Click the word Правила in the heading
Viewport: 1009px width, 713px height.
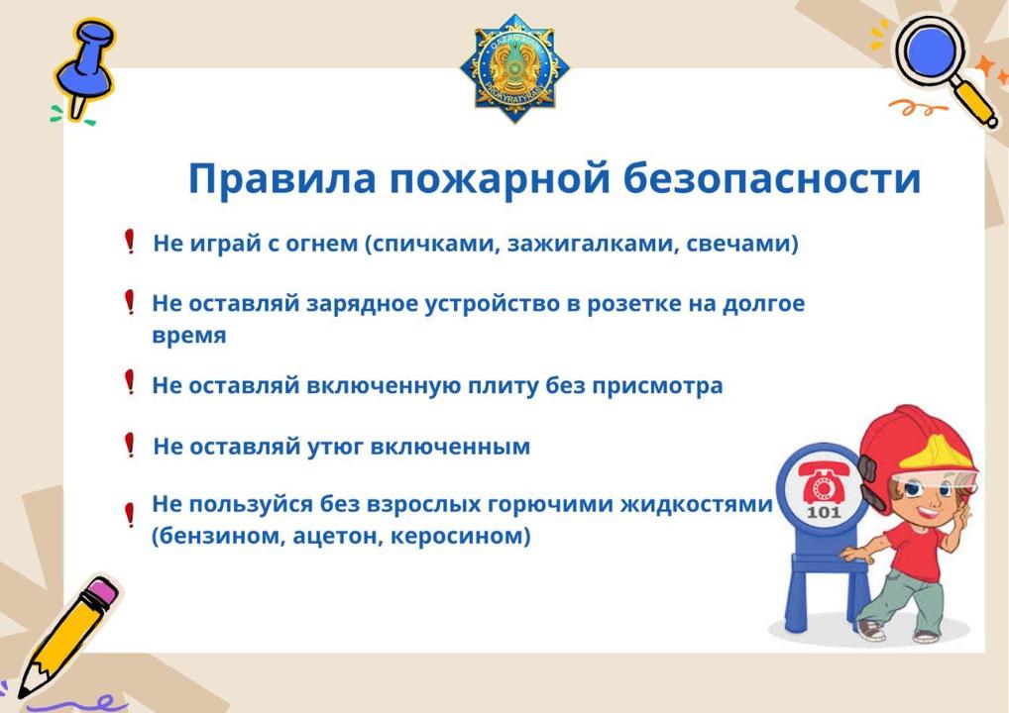281,178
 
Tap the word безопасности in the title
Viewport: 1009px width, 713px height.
771,177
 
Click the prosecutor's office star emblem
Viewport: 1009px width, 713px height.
514,68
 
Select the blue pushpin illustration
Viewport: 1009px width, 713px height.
83,68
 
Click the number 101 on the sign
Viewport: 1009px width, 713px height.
824,512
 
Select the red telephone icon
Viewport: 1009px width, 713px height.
823,483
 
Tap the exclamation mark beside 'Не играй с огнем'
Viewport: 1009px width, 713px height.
129,242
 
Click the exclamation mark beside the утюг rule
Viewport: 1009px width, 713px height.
129,445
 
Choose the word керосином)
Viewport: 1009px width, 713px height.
461,536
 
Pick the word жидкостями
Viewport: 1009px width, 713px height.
696,504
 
